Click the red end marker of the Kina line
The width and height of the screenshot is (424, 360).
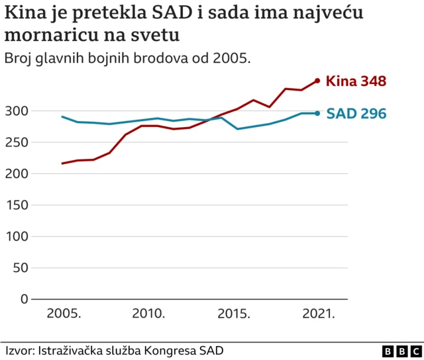pyautogui.click(x=317, y=81)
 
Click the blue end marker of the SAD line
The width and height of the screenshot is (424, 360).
pyautogui.click(x=317, y=113)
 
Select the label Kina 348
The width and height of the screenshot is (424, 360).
pyautogui.click(x=356, y=81)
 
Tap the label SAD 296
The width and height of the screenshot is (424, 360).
pyautogui.click(x=356, y=114)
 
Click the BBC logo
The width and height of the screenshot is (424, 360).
pyautogui.click(x=401, y=351)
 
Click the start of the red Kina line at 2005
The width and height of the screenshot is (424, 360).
pyautogui.click(x=62, y=163)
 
